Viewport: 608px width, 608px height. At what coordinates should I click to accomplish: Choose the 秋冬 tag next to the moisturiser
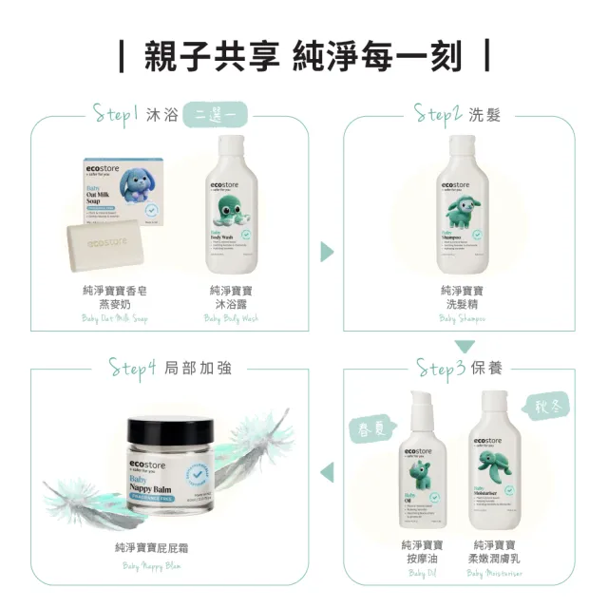click(x=550, y=408)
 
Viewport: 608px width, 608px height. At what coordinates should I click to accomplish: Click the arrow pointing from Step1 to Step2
click(x=327, y=252)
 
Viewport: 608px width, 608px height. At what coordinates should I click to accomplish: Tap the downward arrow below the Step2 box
click(x=463, y=346)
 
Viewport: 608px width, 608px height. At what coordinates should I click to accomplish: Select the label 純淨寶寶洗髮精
click(x=462, y=296)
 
